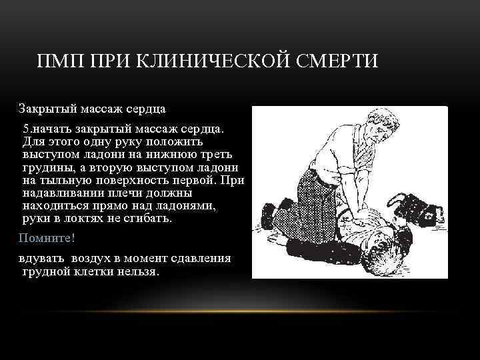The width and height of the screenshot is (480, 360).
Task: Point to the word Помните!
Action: coord(47,237)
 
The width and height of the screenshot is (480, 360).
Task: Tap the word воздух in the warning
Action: coord(93,258)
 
